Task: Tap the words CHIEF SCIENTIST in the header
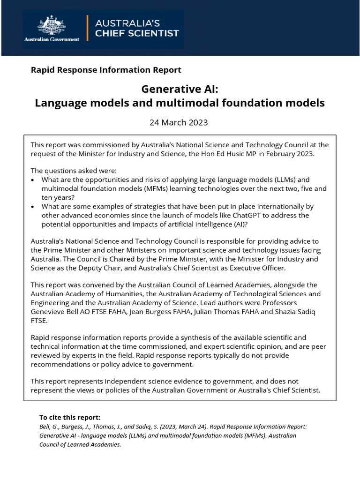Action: coord(136,33)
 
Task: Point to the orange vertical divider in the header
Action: coord(87,29)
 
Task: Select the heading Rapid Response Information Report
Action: coord(105,70)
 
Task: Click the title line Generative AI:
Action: coord(180,89)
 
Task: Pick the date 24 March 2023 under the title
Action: coord(178,123)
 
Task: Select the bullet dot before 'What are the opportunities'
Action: coord(32,180)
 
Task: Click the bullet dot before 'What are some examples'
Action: coord(32,206)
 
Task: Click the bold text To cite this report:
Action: coord(70,417)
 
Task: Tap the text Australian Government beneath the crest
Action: coord(52,39)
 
